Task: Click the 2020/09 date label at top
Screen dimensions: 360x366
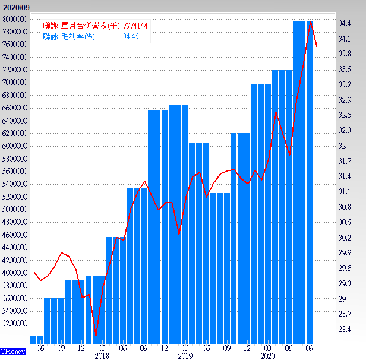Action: (16, 6)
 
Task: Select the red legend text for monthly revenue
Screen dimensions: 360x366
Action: (81, 26)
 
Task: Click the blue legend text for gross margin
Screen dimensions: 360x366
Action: (69, 36)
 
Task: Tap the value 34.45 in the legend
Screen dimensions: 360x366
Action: (131, 36)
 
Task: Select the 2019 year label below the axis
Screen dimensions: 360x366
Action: (185, 355)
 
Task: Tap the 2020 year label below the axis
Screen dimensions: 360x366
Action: (267, 355)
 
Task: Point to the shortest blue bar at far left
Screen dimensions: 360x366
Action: (37, 339)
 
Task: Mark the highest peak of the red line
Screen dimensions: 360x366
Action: (310, 21)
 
